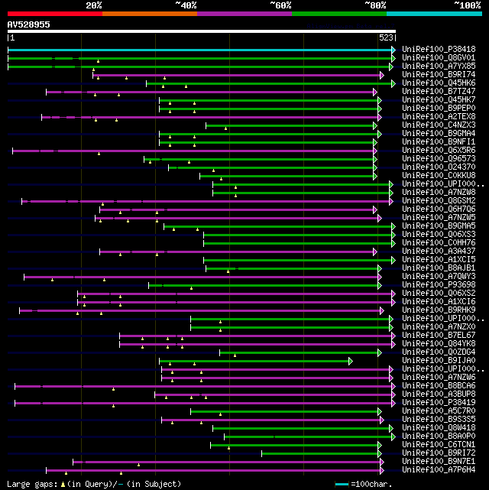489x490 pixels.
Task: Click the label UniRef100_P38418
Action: point(439,49)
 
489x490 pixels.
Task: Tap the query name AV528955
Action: point(29,24)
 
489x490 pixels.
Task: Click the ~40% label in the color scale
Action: point(186,5)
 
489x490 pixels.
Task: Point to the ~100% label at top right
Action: point(467,5)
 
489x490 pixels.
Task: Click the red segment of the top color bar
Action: point(54,14)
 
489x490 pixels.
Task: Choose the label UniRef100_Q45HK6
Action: point(439,83)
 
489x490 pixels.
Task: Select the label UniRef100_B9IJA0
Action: point(439,360)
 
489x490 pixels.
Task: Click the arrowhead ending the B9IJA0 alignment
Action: point(351,360)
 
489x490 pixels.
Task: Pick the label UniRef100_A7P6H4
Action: point(439,469)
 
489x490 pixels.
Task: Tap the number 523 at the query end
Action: point(386,37)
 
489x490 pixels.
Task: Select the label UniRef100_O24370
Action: point(439,167)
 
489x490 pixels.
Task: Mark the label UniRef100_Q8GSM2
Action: point(439,200)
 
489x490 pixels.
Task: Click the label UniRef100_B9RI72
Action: point(439,453)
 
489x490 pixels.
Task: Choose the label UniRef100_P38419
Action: point(439,402)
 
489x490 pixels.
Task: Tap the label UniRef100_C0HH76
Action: point(439,242)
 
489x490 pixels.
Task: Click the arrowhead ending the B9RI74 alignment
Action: point(381,75)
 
